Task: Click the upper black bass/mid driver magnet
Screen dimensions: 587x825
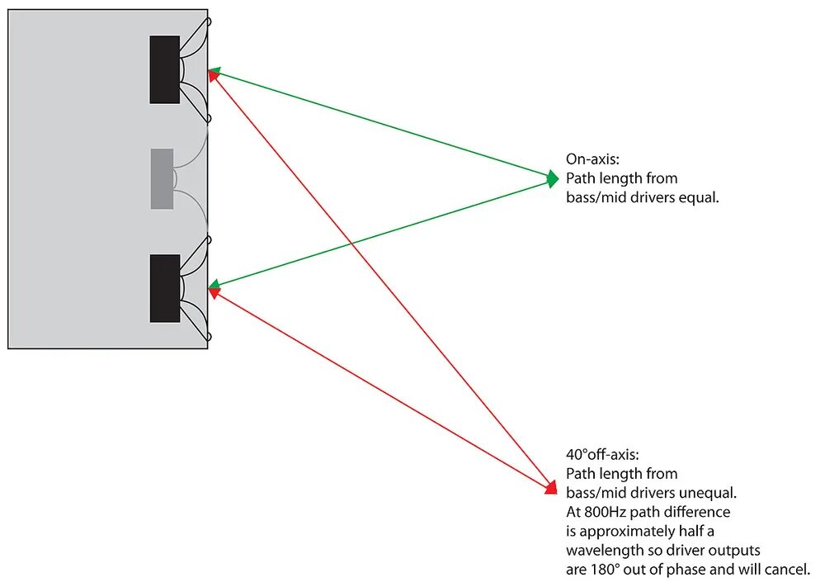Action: tap(164, 69)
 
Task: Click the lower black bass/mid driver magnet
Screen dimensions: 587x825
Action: tap(164, 288)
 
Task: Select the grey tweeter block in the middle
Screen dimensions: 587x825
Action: tap(162, 178)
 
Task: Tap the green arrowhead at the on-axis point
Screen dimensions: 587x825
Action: tap(553, 178)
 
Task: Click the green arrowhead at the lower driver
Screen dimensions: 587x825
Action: tap(214, 286)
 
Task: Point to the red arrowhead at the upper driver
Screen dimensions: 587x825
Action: tap(213, 76)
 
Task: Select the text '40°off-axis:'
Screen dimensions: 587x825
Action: tap(601, 454)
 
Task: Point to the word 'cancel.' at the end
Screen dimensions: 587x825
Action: tap(790, 569)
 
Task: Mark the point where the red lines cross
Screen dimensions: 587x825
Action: tap(352, 244)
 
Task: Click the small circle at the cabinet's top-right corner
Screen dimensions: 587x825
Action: tap(208, 21)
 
